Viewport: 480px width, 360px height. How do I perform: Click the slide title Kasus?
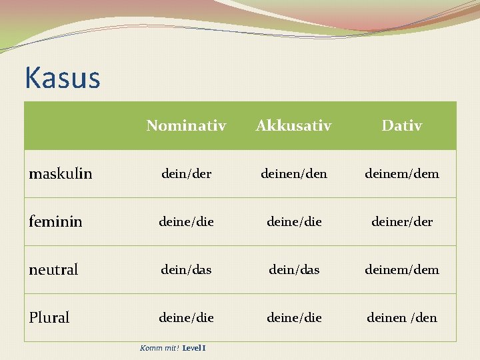62,78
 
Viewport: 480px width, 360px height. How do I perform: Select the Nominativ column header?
186,125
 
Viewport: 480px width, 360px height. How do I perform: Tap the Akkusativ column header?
293,125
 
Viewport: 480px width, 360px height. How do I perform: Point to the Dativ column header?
401,125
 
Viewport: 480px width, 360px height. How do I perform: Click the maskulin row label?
61,174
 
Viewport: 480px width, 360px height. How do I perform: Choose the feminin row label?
55,222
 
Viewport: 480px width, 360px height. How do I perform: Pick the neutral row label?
53,270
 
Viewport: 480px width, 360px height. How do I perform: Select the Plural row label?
49,318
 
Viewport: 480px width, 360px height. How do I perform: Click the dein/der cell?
186,174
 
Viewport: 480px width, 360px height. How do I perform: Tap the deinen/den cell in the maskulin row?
293,174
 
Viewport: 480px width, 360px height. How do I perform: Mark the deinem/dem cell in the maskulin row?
401,174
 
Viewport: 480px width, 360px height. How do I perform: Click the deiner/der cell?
401,222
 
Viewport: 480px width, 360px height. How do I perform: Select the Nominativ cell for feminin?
186,222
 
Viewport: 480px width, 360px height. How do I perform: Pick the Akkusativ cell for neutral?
293,270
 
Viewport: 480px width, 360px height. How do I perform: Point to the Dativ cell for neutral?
401,270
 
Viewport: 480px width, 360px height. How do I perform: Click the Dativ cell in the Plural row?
401,318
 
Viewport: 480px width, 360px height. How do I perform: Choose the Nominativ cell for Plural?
186,318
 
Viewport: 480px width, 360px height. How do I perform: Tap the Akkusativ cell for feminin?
293,222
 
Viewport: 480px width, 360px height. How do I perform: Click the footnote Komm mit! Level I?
173,348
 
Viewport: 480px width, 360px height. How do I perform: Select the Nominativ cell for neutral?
186,270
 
